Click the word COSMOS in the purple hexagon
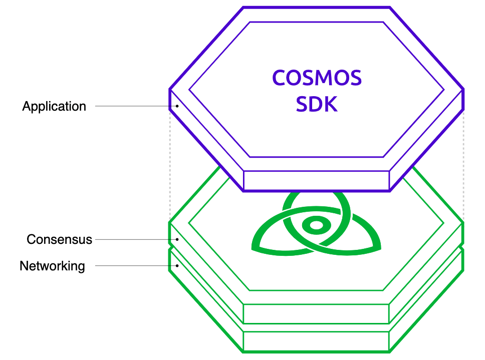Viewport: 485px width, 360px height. (317, 79)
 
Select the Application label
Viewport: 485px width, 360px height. (54, 106)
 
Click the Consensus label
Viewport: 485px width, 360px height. (60, 239)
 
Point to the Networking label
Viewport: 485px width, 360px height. (52, 265)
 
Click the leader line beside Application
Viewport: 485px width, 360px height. (133, 106)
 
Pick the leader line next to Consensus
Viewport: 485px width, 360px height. (135, 239)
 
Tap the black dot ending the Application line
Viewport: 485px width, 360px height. (177, 106)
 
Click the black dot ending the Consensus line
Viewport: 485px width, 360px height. (177, 239)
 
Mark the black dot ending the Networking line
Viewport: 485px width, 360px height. (177, 265)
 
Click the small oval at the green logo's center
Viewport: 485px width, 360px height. (316, 225)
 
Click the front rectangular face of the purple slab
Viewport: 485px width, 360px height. (316, 180)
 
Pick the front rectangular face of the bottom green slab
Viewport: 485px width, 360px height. (316, 341)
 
